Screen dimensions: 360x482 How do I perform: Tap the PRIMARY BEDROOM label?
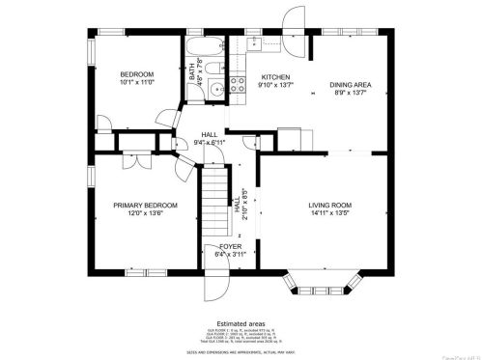(145, 205)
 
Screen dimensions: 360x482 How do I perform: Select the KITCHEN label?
(275, 76)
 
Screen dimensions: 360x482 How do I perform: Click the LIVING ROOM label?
(329, 205)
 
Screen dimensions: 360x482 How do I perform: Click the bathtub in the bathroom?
(203, 47)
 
